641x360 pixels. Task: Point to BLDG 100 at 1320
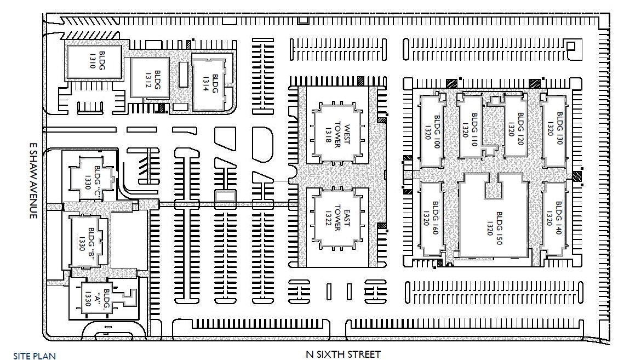click(x=432, y=129)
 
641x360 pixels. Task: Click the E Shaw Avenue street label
click(x=33, y=181)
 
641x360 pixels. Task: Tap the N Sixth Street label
click(x=342, y=354)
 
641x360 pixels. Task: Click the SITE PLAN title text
click(x=35, y=356)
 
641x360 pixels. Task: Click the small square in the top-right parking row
click(x=571, y=47)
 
